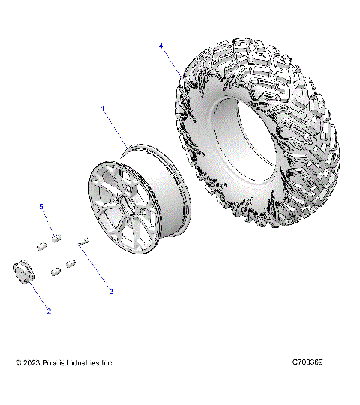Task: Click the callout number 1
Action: click(x=104, y=109)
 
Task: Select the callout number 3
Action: click(x=111, y=291)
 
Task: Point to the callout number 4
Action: click(x=160, y=46)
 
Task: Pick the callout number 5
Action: click(x=42, y=206)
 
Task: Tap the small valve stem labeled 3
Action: click(x=82, y=242)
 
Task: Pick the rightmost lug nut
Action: click(x=72, y=264)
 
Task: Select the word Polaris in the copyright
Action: click(x=58, y=363)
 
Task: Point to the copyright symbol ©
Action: click(x=18, y=363)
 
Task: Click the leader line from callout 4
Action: click(x=171, y=61)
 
